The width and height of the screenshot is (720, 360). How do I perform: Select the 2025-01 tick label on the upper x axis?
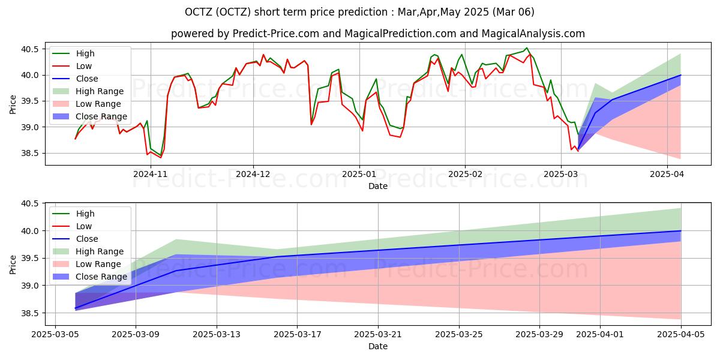(x=359, y=174)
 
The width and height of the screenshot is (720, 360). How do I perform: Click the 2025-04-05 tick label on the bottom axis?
(x=680, y=334)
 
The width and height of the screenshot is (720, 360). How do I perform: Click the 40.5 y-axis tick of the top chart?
(x=29, y=49)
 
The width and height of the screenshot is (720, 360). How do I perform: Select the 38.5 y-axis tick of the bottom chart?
(x=29, y=313)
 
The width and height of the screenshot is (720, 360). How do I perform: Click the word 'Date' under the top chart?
(x=378, y=186)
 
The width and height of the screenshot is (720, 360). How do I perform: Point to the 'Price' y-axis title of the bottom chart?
(x=14, y=263)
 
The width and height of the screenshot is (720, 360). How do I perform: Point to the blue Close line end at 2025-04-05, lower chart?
(x=680, y=230)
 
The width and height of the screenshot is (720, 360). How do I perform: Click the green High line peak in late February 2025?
(x=527, y=48)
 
